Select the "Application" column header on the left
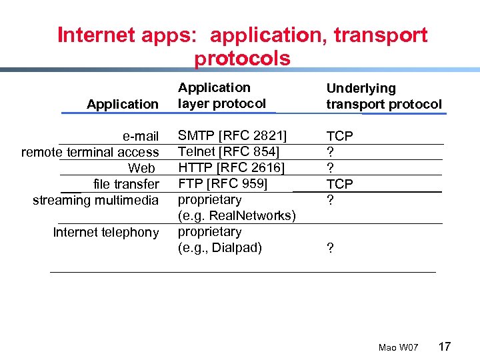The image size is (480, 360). [x=123, y=104]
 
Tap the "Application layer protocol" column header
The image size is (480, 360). [x=221, y=95]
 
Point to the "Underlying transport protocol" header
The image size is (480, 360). [x=383, y=96]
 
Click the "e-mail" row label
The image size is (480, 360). [x=141, y=137]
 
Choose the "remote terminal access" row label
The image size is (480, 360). [x=90, y=153]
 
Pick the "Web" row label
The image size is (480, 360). [x=141, y=169]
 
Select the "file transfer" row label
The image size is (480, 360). [x=126, y=184]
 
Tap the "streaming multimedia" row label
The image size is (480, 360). [x=96, y=200]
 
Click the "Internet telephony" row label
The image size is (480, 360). [x=105, y=232]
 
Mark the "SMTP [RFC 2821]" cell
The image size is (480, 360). [x=232, y=136]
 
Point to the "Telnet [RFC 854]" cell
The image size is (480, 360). [x=228, y=152]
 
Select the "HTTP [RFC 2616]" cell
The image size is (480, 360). [x=231, y=167]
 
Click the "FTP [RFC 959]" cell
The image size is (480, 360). [x=222, y=183]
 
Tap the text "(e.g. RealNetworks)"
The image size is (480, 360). [x=236, y=215]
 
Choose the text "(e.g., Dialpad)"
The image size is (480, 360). [x=219, y=248]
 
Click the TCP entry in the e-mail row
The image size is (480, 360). [x=339, y=136]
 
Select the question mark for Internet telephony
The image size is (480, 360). [x=329, y=249]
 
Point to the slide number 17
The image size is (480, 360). [x=445, y=346]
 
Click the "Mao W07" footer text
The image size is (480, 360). [x=398, y=348]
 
